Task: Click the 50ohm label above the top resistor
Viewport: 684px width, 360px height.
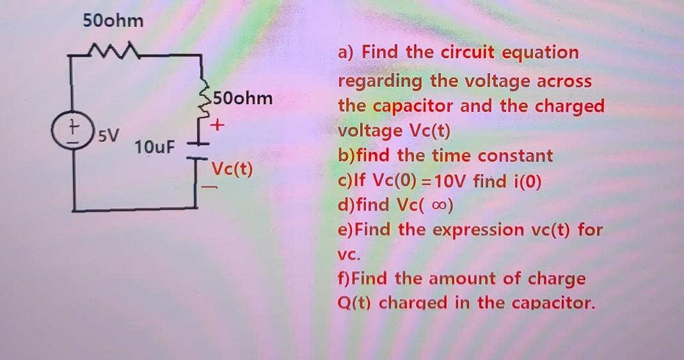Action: [113, 22]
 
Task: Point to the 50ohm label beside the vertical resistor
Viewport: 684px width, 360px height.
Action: [243, 99]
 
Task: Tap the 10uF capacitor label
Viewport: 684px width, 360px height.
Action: [154, 148]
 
